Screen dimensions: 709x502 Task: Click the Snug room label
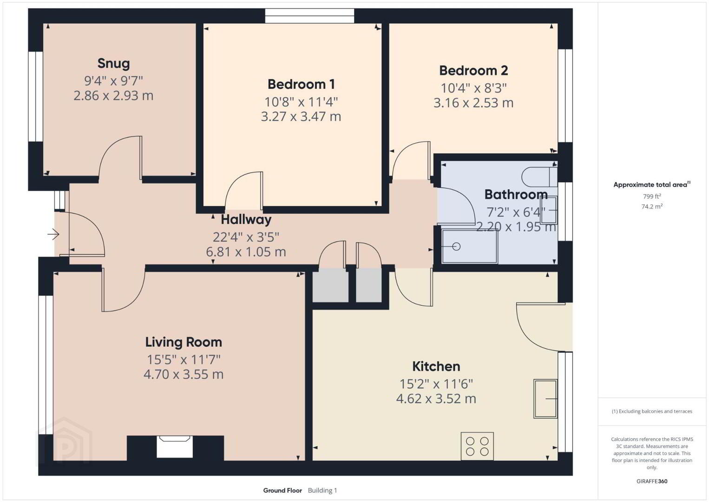pos(113,63)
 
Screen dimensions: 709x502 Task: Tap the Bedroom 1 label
pos(301,84)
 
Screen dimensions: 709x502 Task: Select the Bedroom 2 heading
pos(473,70)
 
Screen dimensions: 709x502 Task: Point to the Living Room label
pos(184,342)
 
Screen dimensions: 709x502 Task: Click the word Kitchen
pos(436,366)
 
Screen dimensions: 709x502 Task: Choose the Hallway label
pos(246,220)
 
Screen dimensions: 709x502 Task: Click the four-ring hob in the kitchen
pos(477,446)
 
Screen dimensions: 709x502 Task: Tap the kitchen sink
pos(545,399)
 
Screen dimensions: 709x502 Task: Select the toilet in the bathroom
pos(539,177)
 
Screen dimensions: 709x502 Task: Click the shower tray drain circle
pos(456,246)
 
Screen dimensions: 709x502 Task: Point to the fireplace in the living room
pos(175,447)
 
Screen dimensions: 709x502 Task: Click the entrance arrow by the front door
pos(53,235)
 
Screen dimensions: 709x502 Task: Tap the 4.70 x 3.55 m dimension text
pos(184,374)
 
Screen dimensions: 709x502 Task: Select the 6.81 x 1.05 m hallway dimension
pos(246,252)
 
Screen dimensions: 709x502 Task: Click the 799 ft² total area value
pos(652,196)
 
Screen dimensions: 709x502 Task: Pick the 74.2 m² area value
pos(652,206)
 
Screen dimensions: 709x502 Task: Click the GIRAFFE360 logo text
pos(652,482)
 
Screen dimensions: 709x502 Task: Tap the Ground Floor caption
pos(282,490)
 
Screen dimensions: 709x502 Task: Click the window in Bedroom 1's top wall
pos(309,16)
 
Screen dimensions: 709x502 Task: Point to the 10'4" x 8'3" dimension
pos(473,88)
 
